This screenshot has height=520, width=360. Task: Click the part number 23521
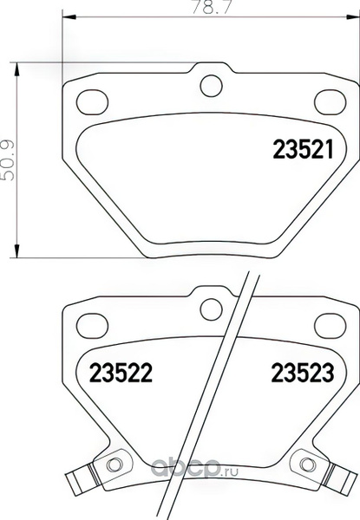303,150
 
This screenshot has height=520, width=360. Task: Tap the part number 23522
121,373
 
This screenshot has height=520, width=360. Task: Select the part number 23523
303,373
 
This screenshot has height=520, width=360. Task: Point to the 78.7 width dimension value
212,7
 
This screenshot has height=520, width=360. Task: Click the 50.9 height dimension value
8,160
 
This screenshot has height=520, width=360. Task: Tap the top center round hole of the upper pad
211,86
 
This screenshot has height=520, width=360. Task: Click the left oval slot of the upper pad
92,102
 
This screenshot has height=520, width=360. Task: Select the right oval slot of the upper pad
331,102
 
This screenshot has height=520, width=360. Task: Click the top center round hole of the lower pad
211,309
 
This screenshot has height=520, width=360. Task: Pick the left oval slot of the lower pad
92,325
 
